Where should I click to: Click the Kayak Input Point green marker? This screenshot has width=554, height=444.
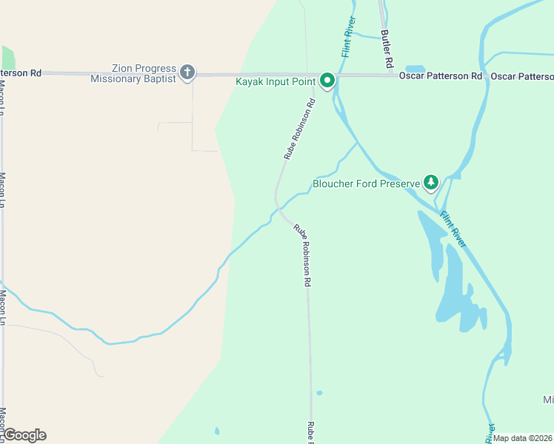pyautogui.click(x=327, y=81)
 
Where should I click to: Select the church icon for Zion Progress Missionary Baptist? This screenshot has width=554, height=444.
pyautogui.click(x=187, y=73)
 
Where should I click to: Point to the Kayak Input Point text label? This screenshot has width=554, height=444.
pyautogui.click(x=276, y=81)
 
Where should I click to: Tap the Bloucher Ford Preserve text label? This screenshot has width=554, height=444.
pyautogui.click(x=366, y=184)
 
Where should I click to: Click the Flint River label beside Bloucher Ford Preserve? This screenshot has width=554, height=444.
pyautogui.click(x=453, y=229)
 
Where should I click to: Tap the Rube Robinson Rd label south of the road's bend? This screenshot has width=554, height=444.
pyautogui.click(x=302, y=255)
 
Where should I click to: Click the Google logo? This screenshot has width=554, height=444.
pyautogui.click(x=24, y=435)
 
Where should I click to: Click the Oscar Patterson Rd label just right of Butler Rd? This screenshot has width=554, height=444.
pyautogui.click(x=440, y=76)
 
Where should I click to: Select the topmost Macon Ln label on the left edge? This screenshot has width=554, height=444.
pyautogui.click(x=2, y=96)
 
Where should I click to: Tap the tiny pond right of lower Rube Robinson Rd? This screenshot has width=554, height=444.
pyautogui.click(x=319, y=393)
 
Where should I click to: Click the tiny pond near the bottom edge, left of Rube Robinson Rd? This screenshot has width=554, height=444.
pyautogui.click(x=216, y=430)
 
